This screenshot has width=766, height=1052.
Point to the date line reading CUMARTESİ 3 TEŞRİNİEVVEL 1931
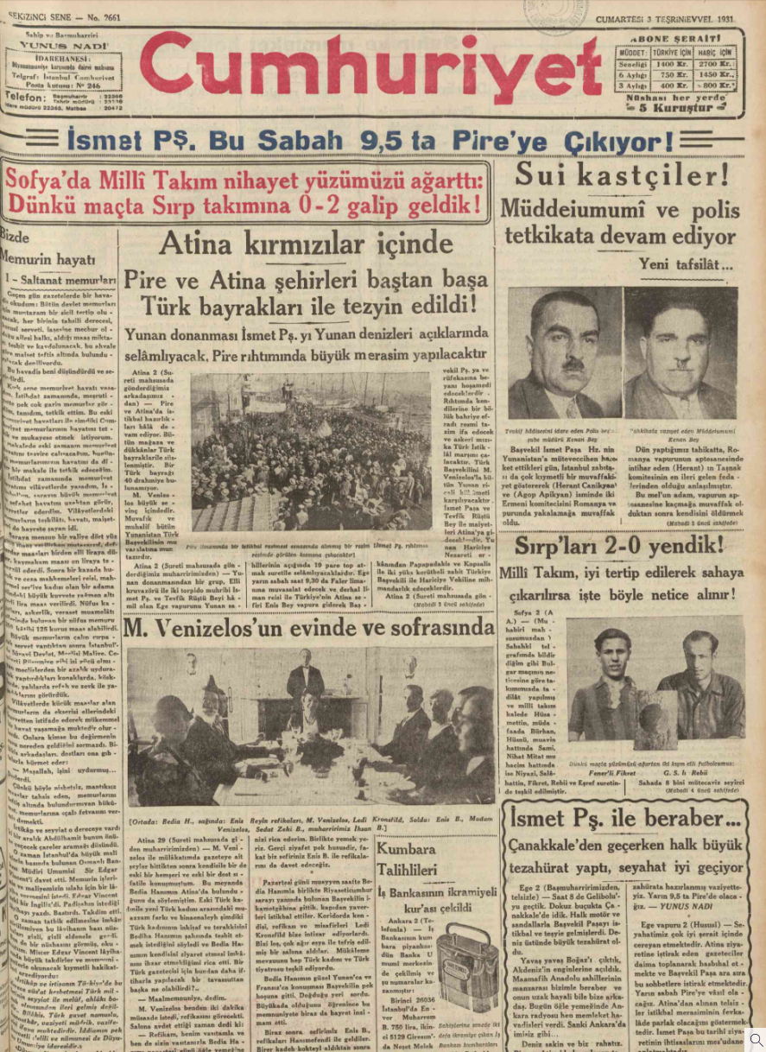click(x=666, y=20)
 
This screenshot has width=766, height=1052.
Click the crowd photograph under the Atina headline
click(x=311, y=451)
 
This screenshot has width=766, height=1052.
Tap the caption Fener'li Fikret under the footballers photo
click(x=619, y=773)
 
